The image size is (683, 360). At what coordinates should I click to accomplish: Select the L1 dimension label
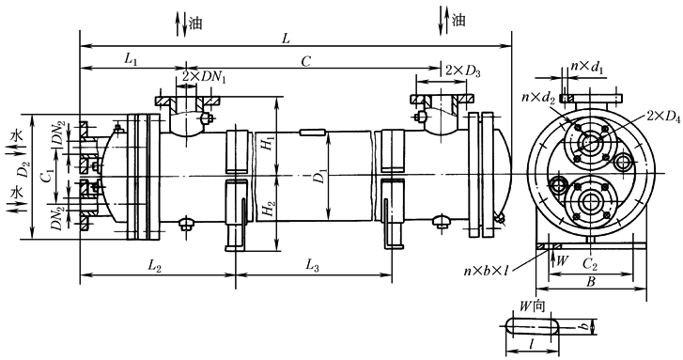point(131,59)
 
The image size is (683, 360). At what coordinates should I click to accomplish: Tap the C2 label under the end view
point(590,264)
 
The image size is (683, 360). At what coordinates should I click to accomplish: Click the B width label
point(590,280)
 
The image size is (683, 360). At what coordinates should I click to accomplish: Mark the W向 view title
point(533,306)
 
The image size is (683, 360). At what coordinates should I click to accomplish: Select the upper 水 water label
point(16,135)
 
